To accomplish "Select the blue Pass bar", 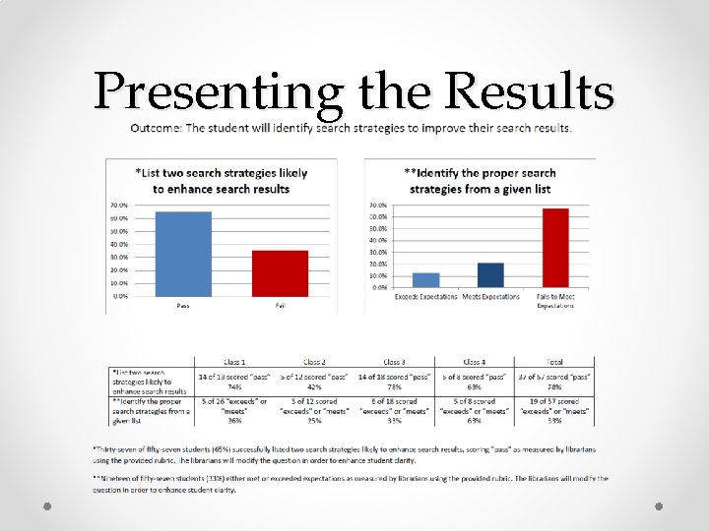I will [x=183, y=254].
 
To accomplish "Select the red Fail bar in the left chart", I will [x=280, y=272].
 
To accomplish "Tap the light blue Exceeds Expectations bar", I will [x=425, y=279].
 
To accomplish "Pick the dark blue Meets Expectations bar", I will [x=490, y=274].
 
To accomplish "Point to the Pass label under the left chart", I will [x=183, y=306].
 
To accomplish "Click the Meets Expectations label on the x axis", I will [x=490, y=297].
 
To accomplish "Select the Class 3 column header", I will [x=395, y=362].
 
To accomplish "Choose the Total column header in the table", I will [x=554, y=362].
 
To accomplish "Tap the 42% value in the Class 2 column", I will [x=314, y=387].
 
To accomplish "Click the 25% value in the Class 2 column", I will [x=314, y=421].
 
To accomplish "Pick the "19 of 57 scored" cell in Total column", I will [x=554, y=401].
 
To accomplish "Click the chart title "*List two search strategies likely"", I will [x=221, y=173].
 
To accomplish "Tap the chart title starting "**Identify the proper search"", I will [x=481, y=173].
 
